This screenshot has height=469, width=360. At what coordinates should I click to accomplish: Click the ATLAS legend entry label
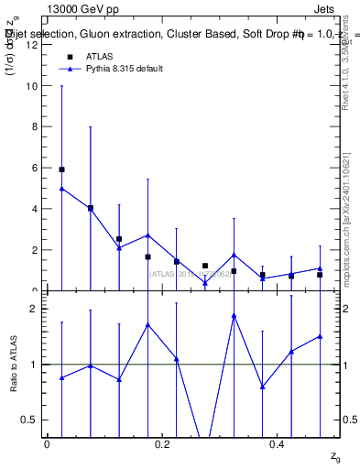click(100, 57)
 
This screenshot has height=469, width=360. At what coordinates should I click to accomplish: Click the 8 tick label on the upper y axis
click(33, 127)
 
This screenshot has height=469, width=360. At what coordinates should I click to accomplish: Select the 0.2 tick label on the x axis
click(161, 444)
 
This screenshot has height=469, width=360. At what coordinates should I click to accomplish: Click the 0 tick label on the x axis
click(47, 444)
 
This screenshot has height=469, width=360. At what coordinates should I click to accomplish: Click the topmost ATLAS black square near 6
click(61, 169)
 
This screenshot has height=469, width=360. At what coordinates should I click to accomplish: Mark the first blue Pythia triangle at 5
click(61, 189)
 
